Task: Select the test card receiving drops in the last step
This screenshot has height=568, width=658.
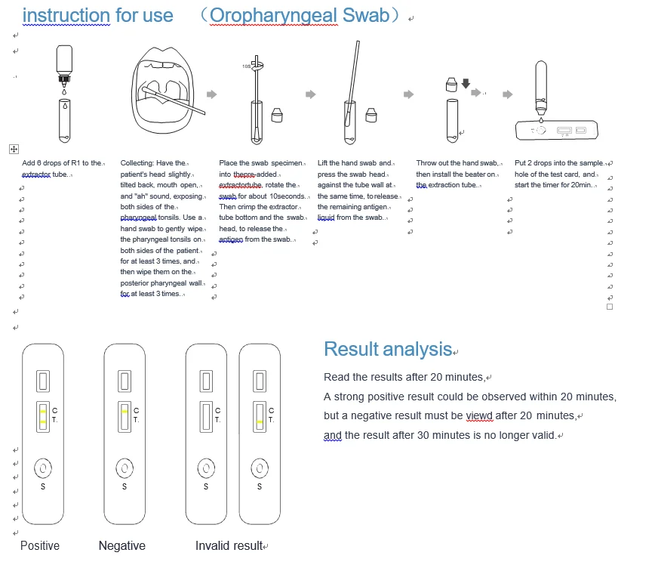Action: (x=557, y=131)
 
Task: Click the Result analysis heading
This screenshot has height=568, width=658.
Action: (x=387, y=349)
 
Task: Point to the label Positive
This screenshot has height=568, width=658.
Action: (x=40, y=545)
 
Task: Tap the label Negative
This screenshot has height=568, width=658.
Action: (x=121, y=545)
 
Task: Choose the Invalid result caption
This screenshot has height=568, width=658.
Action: (x=229, y=545)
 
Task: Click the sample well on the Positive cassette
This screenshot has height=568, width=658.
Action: (x=43, y=468)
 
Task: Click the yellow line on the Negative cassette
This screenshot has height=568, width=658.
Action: (x=124, y=412)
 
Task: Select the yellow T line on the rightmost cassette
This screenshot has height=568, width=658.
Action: (x=259, y=421)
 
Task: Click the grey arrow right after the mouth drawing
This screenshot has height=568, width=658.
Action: (x=211, y=94)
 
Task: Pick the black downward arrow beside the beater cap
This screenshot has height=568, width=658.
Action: (x=465, y=83)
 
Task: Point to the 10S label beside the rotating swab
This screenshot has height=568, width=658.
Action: (x=246, y=66)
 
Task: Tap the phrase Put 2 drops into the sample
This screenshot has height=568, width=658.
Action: (x=559, y=163)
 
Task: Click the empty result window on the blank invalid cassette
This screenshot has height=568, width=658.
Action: (x=205, y=417)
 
